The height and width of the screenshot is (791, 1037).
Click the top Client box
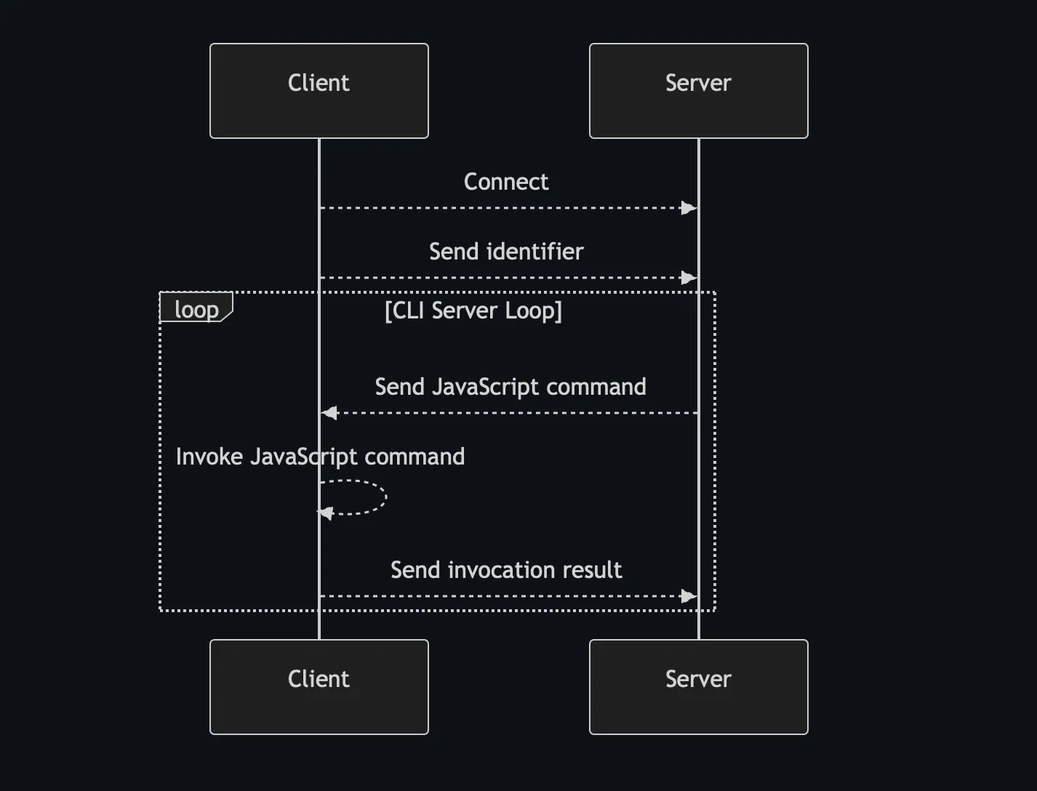pyautogui.click(x=319, y=91)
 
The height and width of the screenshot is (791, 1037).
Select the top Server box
pyautogui.click(x=698, y=91)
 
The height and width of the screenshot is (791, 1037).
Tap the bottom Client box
pyautogui.click(x=319, y=687)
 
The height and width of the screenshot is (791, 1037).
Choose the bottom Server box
pyautogui.click(x=698, y=687)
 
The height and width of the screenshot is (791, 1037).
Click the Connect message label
pyautogui.click(x=506, y=182)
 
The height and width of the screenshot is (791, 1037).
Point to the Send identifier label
pyautogui.click(x=506, y=252)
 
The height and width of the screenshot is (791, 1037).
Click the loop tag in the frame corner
pyautogui.click(x=196, y=309)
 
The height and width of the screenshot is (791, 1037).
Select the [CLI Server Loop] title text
pyautogui.click(x=473, y=310)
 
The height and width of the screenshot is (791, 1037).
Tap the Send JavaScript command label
pyautogui.click(x=510, y=387)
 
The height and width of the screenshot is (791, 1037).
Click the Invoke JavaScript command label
pyautogui.click(x=320, y=457)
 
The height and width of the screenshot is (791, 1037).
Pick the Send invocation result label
pyautogui.click(x=506, y=570)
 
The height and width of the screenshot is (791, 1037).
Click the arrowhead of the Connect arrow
pyautogui.click(x=689, y=208)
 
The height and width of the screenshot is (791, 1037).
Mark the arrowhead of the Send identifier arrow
pyautogui.click(x=689, y=278)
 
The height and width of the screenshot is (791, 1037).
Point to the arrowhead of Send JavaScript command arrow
pyautogui.click(x=329, y=413)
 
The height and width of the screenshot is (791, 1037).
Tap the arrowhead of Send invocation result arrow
pyautogui.click(x=689, y=596)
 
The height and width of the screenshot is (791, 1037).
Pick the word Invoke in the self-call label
pyautogui.click(x=209, y=457)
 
